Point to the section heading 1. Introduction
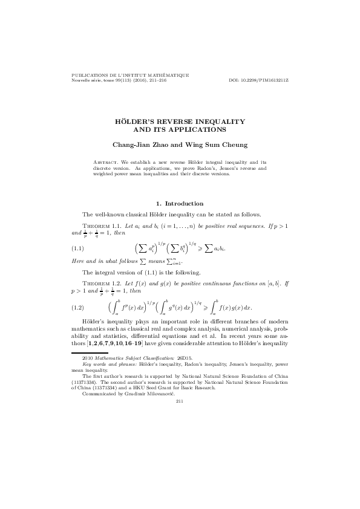(x=180, y=203)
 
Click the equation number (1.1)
(x=77, y=248)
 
